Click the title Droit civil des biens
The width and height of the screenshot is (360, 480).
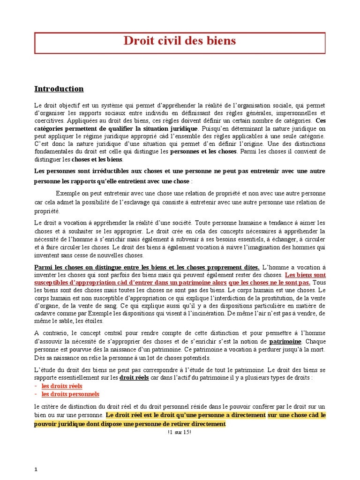click(x=180, y=41)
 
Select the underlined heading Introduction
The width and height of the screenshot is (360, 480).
click(x=59, y=89)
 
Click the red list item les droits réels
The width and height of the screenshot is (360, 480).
click(x=62, y=386)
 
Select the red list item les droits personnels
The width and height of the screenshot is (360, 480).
click(x=70, y=394)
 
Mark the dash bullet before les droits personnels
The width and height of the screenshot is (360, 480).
click(x=36, y=394)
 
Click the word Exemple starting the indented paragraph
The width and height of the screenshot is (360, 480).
click(x=68, y=194)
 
